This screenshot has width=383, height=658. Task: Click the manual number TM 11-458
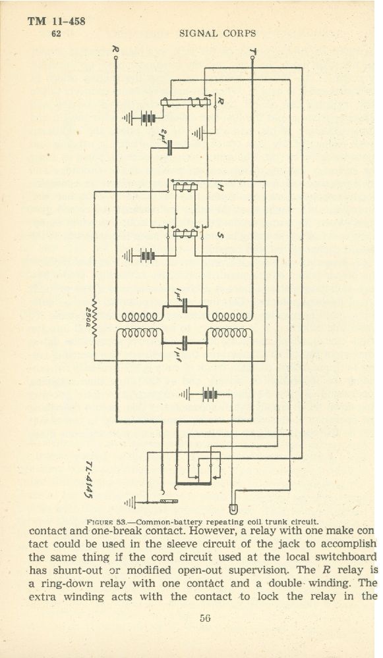coord(56,21)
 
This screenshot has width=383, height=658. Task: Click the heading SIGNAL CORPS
coord(218,34)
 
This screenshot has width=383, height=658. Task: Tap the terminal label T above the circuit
coord(252,51)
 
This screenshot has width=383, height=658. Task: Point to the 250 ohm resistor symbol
coord(94,318)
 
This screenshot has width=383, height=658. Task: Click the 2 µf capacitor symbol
coord(170,147)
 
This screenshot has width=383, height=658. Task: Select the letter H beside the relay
coord(220,188)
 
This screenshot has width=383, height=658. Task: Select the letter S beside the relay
coord(220,235)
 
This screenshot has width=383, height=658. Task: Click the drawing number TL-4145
coord(89,480)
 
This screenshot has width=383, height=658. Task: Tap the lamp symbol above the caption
coord(233,509)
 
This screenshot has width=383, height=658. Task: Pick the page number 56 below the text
coord(205,618)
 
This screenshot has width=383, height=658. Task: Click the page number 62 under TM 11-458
coord(56,34)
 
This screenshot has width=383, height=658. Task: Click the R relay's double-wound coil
coord(185,102)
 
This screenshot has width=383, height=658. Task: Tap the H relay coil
coord(185,187)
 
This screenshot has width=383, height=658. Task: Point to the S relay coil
coord(185,234)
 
